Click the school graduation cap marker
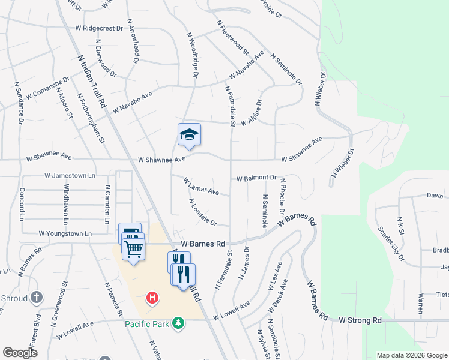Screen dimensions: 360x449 pos(189,135)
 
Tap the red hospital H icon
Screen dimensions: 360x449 pos(152,298)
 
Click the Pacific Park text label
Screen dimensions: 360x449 pos(148,324)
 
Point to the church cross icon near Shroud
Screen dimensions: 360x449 pos(37,298)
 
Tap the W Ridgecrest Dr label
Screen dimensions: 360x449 pos(99,28)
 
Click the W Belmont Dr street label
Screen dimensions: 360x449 pos(256,178)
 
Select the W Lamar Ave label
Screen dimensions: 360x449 pos(201,187)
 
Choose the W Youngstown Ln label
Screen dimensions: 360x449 pos(65,233)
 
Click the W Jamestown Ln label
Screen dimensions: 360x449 pos(70,176)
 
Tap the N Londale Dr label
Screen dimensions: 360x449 pos(202,212)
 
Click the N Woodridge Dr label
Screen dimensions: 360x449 pos(192,55)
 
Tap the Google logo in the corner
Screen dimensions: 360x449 pos(20,353)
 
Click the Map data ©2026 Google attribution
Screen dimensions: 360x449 pos(411,355)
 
